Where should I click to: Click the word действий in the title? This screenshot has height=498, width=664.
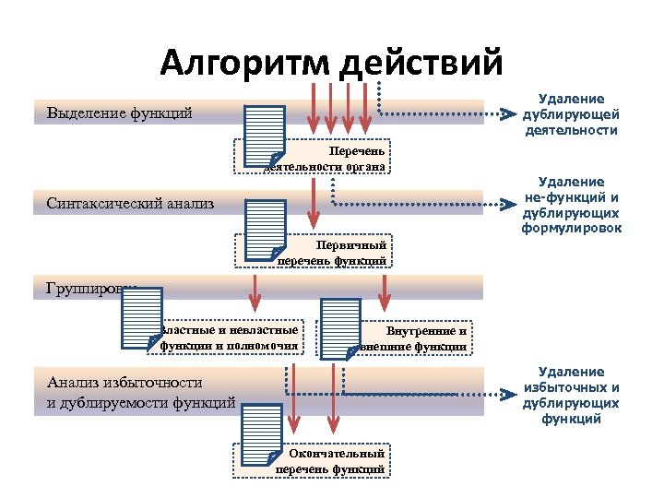click(x=422, y=64)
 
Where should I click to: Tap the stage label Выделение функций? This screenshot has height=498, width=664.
click(x=119, y=114)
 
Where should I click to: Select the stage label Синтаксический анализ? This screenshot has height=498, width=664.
click(x=129, y=203)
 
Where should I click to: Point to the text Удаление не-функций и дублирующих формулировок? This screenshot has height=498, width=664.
click(x=571, y=205)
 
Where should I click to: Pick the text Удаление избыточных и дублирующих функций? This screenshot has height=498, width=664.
click(x=571, y=396)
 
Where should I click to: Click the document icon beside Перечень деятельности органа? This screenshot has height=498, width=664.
click(x=264, y=137)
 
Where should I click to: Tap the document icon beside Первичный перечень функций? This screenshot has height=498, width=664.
click(x=266, y=230)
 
